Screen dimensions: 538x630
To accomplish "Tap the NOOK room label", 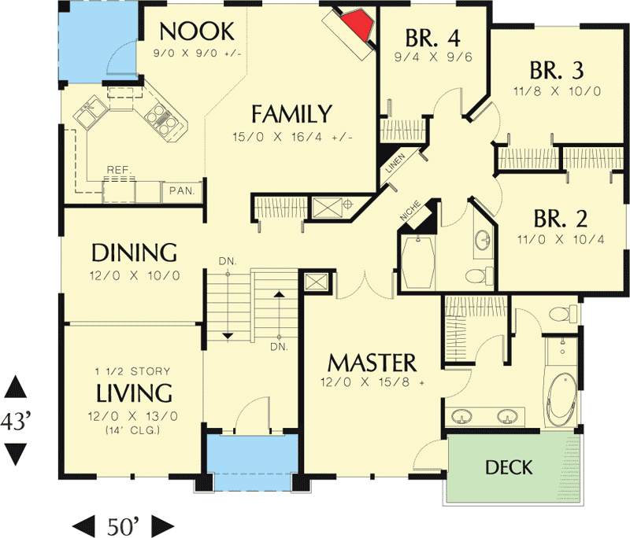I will (x=197, y=31).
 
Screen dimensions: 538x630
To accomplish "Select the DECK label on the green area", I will (x=508, y=468).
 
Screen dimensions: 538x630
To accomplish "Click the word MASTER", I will (x=372, y=363).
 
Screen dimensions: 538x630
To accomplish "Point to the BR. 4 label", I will (x=432, y=37).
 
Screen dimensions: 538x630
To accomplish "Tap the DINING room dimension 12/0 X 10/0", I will (x=135, y=275).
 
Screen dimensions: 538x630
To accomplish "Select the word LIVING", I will (x=134, y=392).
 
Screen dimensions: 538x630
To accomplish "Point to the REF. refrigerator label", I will (x=119, y=169).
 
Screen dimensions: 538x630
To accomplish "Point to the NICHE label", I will (x=409, y=212).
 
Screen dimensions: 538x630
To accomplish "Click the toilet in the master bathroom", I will (x=558, y=315).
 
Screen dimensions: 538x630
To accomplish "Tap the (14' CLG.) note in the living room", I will (x=134, y=429).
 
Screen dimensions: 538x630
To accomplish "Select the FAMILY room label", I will (x=291, y=114).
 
